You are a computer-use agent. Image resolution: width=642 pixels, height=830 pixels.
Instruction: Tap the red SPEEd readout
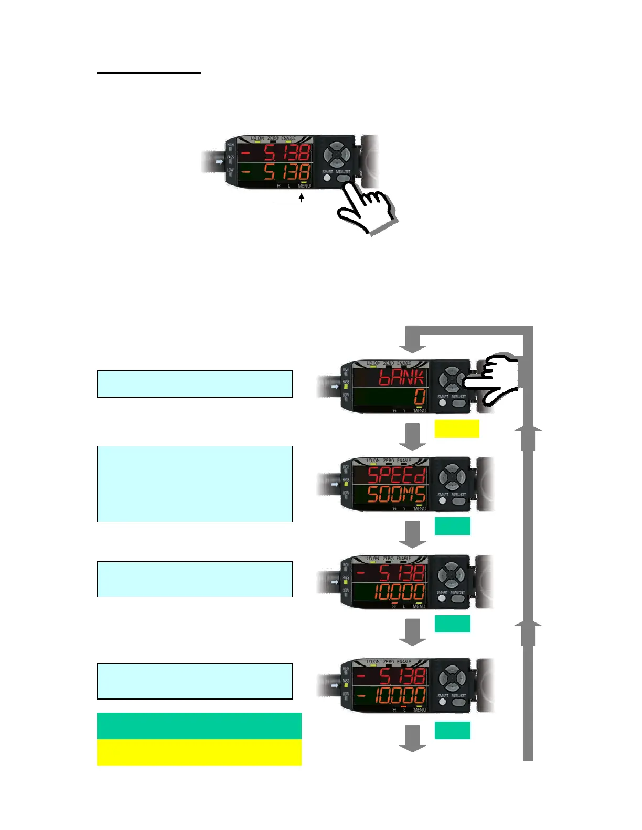click(396, 475)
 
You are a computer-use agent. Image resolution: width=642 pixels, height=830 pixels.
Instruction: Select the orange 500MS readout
click(396, 495)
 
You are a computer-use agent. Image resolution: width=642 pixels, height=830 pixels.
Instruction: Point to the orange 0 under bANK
click(419, 398)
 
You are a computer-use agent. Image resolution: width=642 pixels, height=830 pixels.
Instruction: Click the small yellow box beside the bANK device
click(456, 428)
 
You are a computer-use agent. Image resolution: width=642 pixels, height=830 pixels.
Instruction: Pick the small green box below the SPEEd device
click(452, 526)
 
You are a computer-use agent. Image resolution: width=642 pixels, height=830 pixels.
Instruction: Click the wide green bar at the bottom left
click(199, 726)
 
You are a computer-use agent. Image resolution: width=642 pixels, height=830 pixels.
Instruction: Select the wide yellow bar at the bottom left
click(199, 752)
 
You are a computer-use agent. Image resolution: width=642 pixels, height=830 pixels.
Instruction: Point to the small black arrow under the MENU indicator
click(302, 198)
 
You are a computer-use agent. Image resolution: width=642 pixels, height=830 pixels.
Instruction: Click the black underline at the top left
click(149, 73)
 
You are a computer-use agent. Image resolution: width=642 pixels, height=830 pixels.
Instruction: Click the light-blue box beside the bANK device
click(195, 384)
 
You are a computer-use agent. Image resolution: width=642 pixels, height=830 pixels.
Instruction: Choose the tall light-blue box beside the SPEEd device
click(195, 484)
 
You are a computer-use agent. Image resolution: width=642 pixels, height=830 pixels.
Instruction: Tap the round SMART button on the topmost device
click(327, 178)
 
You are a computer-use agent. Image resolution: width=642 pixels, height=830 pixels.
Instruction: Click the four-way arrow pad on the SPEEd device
click(452, 477)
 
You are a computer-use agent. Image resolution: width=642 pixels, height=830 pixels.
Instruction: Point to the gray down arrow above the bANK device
click(413, 345)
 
